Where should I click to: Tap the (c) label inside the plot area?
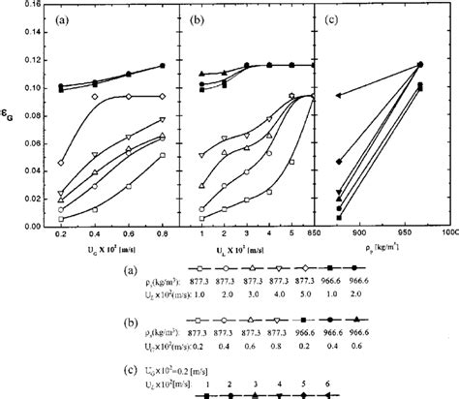click(x=339, y=20)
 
